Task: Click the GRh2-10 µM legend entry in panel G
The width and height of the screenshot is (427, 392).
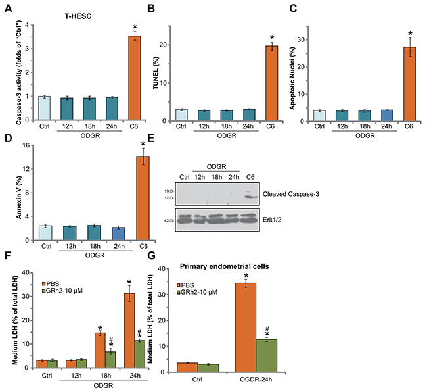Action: coord(208,284)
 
